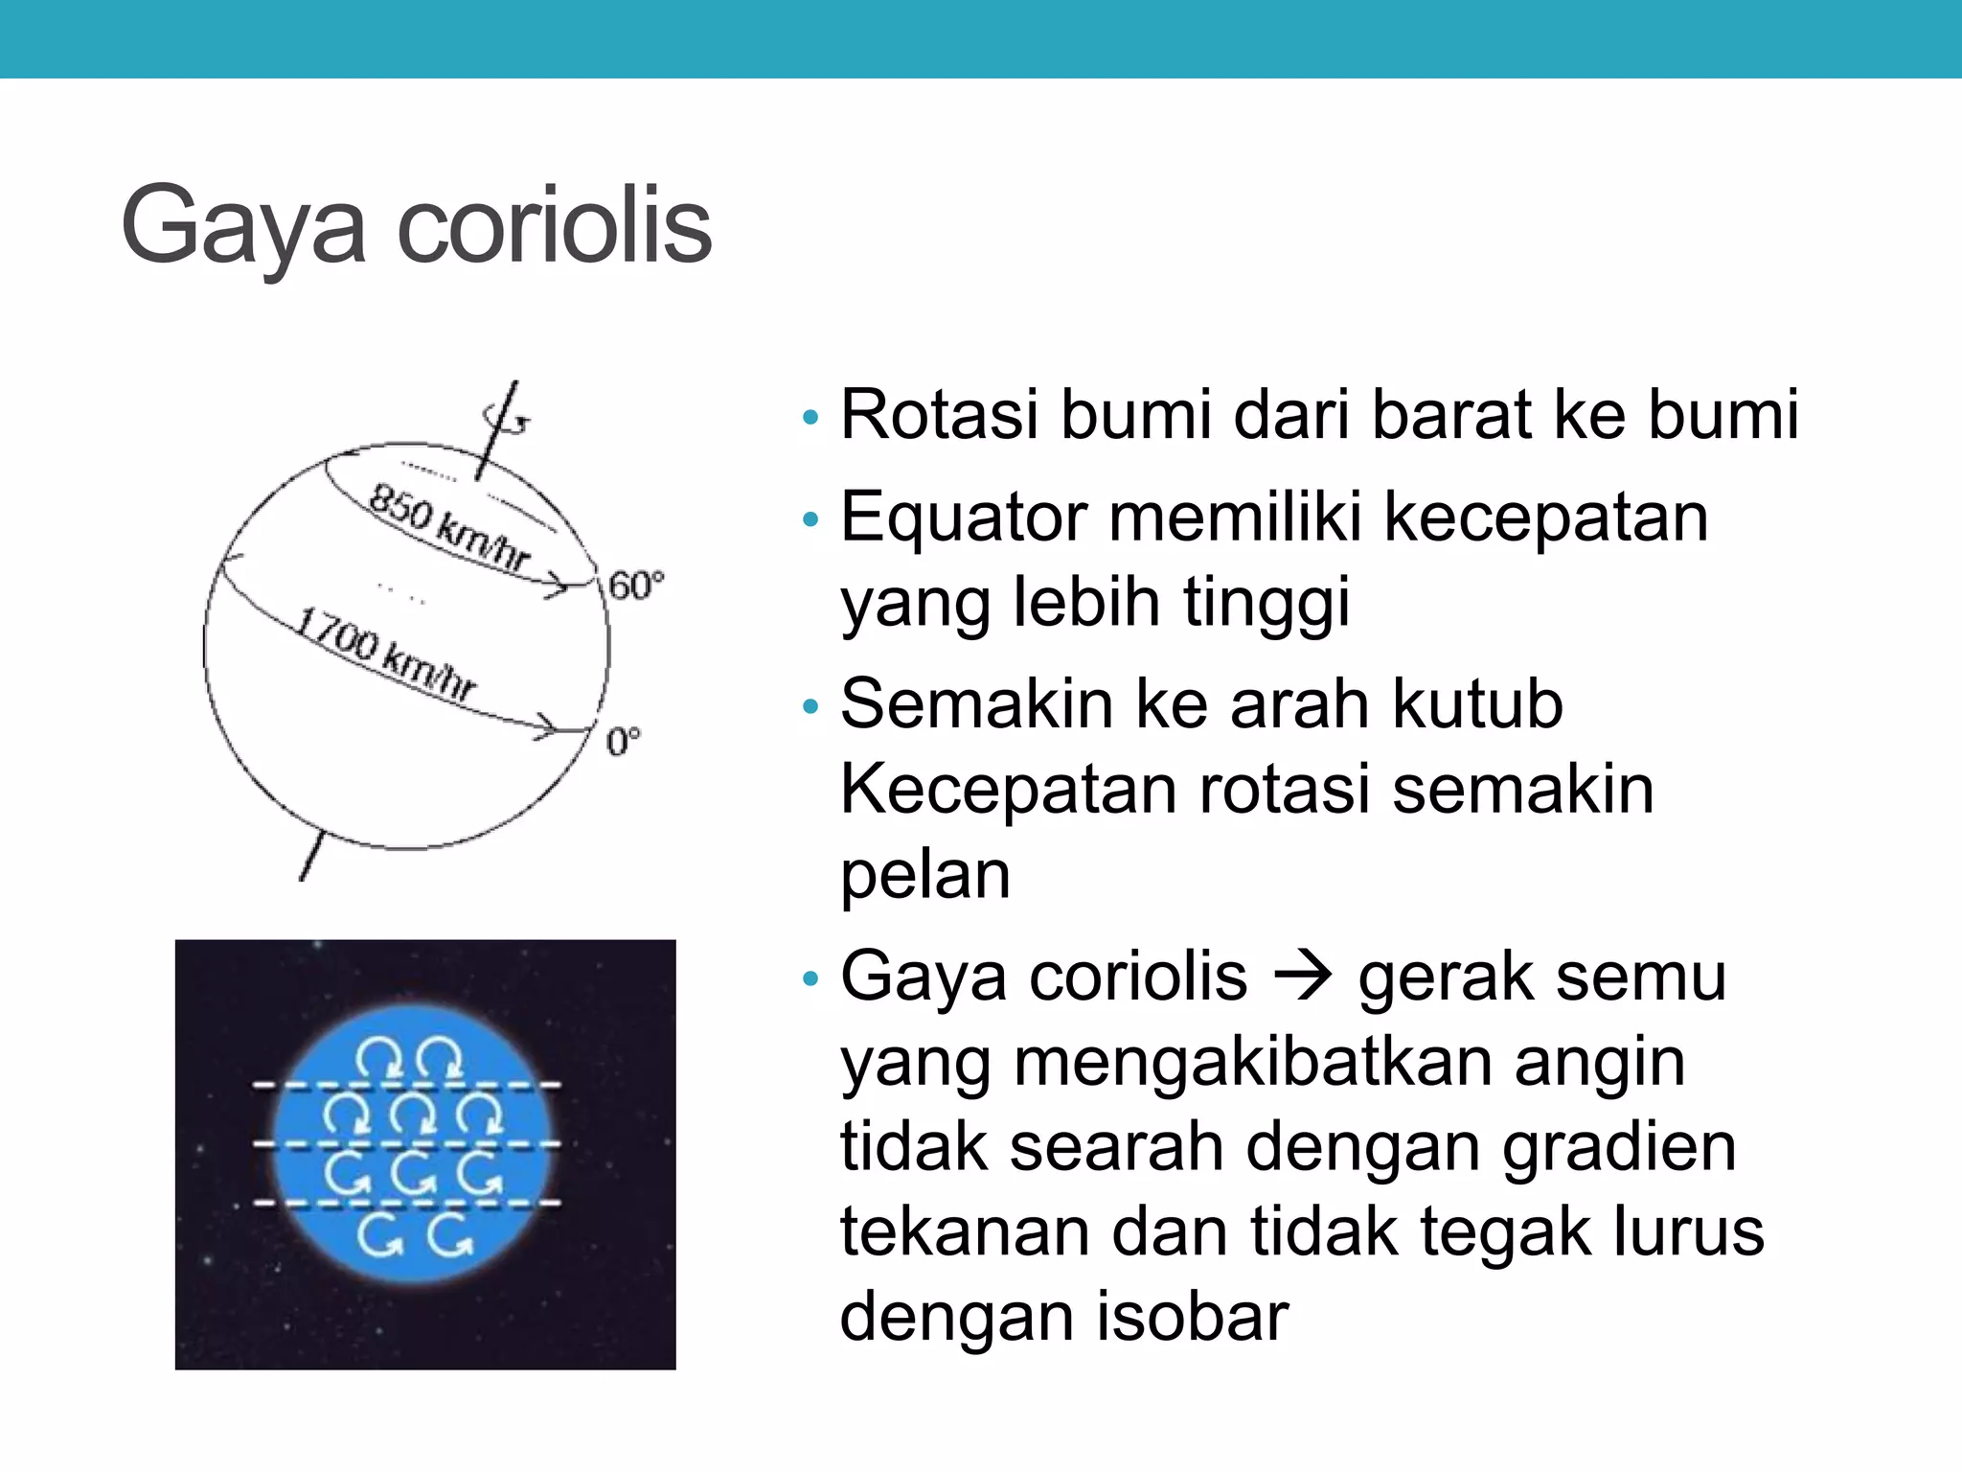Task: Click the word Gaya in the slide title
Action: (243, 226)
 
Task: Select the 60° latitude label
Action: (635, 586)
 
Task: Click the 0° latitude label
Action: (624, 742)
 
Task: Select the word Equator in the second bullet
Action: (964, 517)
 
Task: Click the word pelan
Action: (925, 874)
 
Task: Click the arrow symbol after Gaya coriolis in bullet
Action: (1303, 977)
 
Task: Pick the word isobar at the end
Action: (1192, 1317)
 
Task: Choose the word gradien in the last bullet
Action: (1618, 1147)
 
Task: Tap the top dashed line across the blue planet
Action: (407, 1085)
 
